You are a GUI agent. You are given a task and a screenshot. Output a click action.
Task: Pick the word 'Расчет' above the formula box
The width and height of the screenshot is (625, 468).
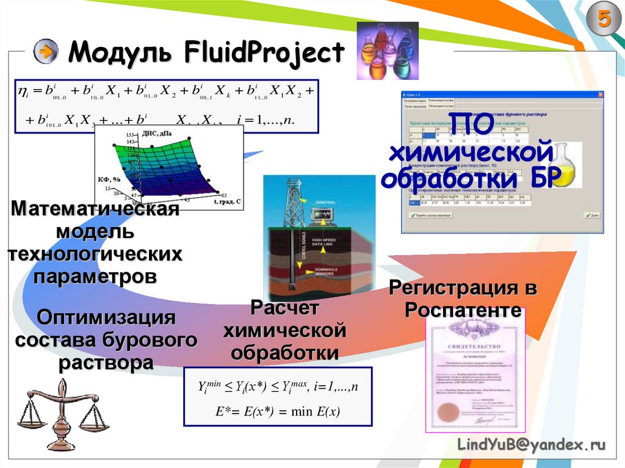click(x=284, y=308)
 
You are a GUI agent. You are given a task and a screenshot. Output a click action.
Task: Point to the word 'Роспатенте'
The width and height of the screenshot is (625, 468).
click(x=464, y=310)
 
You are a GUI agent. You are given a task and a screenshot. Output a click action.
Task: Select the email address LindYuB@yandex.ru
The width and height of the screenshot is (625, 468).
click(x=532, y=446)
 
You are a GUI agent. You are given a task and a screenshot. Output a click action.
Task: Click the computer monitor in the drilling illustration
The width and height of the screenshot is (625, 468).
click(x=322, y=214)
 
